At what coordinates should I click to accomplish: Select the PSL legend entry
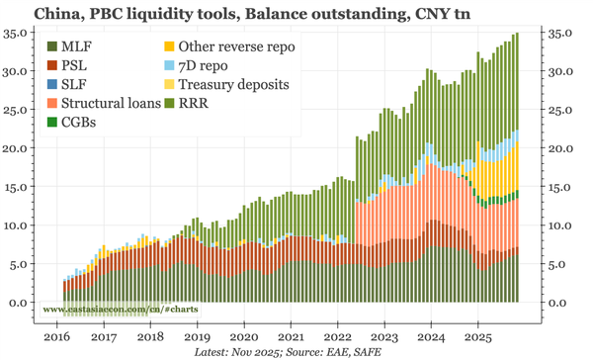click(72, 66)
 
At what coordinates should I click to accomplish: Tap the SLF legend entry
click(72, 85)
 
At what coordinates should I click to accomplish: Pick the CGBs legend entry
click(78, 123)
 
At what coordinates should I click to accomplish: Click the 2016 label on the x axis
click(56, 336)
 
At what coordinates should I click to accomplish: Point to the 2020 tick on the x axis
click(244, 336)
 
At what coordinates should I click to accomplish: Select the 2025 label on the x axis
click(478, 336)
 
